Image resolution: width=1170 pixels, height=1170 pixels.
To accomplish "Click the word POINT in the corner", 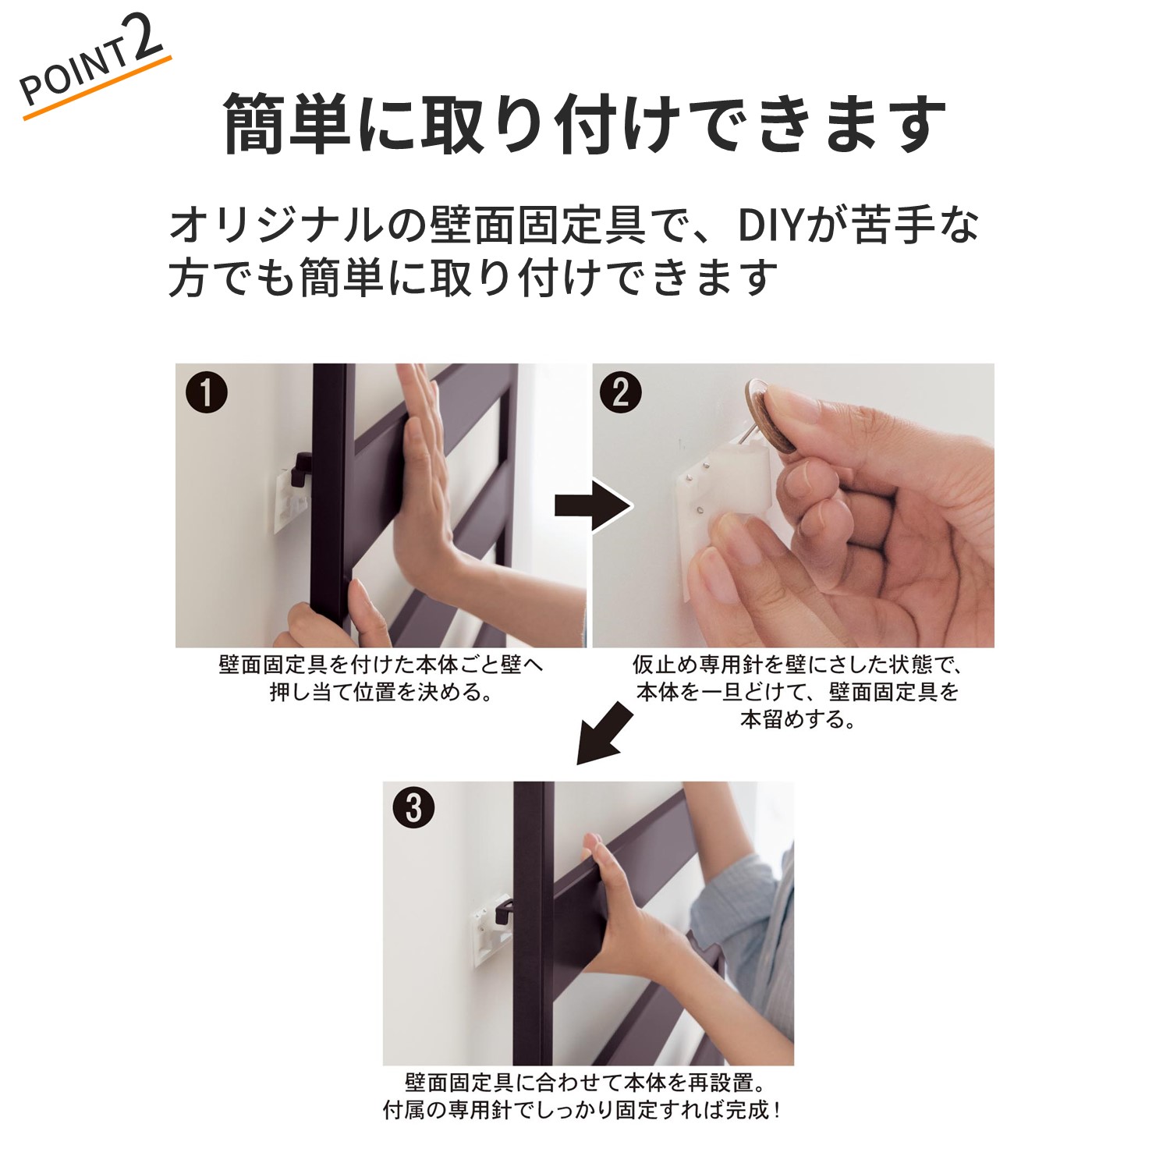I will click(x=74, y=74).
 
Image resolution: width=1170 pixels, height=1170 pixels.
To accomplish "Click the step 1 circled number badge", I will click(x=207, y=392).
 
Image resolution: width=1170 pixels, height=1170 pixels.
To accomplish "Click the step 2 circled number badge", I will click(x=620, y=392).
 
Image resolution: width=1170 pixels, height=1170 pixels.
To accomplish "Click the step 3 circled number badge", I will click(x=413, y=807).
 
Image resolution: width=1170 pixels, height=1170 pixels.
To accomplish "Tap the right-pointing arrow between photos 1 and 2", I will click(x=593, y=505).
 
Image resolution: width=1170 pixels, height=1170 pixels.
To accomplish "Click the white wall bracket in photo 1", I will click(x=291, y=499).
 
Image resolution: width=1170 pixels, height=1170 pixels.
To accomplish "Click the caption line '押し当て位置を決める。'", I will click(x=381, y=692).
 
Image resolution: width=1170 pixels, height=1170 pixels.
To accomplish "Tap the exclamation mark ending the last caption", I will click(x=776, y=1110).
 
